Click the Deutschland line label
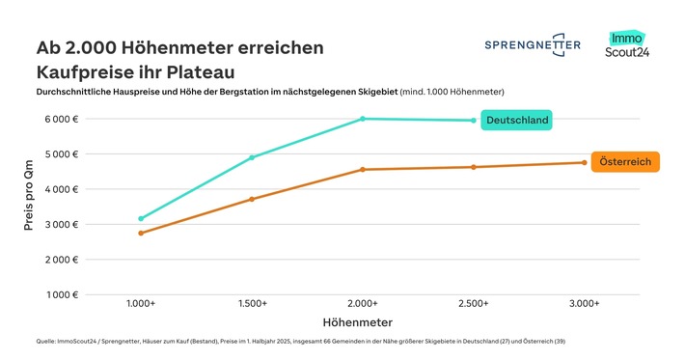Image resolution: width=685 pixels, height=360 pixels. coord(517,121)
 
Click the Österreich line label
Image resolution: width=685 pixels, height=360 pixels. coord(624,162)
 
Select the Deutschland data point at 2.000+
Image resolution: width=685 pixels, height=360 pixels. coord(363,119)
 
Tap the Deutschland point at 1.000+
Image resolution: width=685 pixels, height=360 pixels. coord(141,219)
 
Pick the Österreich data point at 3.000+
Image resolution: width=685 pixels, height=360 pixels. coord(584,162)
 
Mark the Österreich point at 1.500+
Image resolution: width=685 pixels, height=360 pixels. coord(252,199)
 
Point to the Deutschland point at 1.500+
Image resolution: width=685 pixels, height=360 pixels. coord(252,157)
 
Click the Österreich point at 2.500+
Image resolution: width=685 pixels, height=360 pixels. coord(473,167)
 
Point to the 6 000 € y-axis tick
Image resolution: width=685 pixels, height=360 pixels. coord(61,119)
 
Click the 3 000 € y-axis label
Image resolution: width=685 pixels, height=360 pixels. coord(61,224)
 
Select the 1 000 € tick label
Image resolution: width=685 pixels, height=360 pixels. coord(61,294)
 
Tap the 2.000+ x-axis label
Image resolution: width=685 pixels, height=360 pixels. coord(363,303)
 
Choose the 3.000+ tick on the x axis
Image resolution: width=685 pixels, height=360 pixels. coord(584,303)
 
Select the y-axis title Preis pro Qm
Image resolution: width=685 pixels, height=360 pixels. coord(29,206)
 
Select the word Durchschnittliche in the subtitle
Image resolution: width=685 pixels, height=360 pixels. coord(77,92)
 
